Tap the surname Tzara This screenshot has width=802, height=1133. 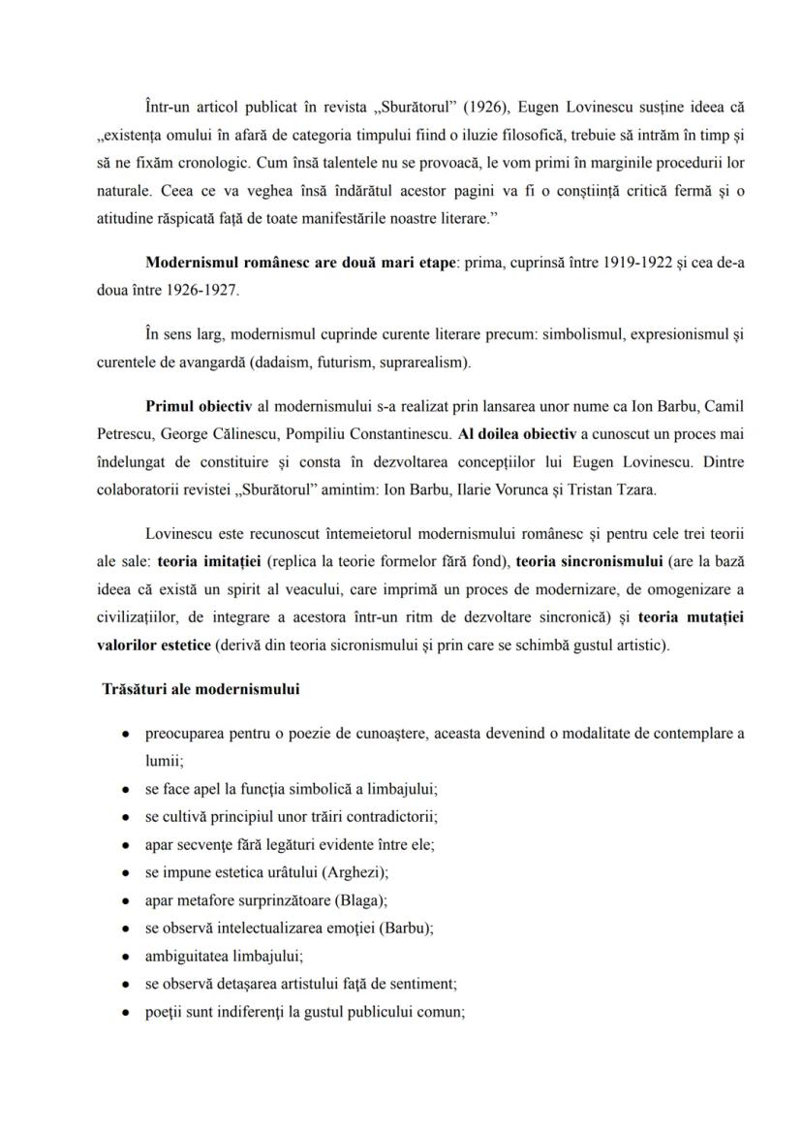(633, 489)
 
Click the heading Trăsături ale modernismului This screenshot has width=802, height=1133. (200, 690)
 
